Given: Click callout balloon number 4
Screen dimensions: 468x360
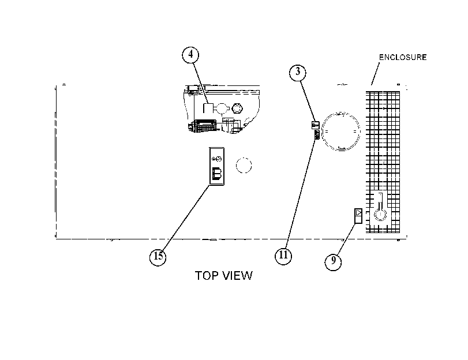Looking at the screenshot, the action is pyautogui.click(x=190, y=55).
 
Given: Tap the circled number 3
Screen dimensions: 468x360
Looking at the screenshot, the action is pyautogui.click(x=298, y=73).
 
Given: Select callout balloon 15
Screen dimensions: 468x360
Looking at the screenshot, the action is pyautogui.click(x=158, y=256).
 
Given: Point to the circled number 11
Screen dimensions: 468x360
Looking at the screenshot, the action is pyautogui.click(x=283, y=256).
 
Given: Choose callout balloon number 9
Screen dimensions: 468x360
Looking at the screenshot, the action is pyautogui.click(x=333, y=261).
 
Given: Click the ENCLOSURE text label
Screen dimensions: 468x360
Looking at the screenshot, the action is pyautogui.click(x=403, y=57).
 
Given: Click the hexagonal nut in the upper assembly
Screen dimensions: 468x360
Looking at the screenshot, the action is pyautogui.click(x=237, y=108).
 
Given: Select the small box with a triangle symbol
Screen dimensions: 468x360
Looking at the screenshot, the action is pyautogui.click(x=358, y=216).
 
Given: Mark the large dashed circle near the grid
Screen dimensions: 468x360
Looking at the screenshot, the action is pyautogui.click(x=341, y=132).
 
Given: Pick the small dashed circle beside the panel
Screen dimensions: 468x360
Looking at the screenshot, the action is pyautogui.click(x=244, y=166).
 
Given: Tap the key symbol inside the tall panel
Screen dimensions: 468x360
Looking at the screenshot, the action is pyautogui.click(x=217, y=159).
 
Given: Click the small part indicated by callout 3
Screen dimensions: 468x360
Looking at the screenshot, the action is pyautogui.click(x=316, y=125).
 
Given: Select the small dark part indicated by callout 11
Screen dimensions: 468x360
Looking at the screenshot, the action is pyautogui.click(x=317, y=135).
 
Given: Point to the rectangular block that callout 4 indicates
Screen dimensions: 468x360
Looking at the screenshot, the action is pyautogui.click(x=208, y=108).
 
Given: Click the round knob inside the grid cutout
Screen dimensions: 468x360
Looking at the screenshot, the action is pyautogui.click(x=380, y=215).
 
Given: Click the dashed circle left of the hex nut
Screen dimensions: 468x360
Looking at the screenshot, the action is pyautogui.click(x=222, y=108).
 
